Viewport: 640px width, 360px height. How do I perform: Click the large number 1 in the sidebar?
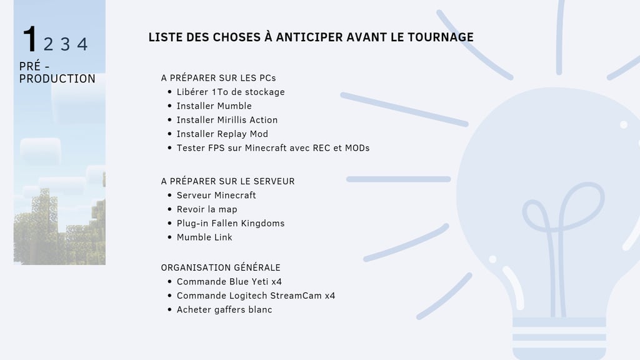pyautogui.click(x=29, y=39)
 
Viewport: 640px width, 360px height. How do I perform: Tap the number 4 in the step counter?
pyautogui.click(x=82, y=44)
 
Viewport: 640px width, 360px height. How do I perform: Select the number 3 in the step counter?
pyautogui.click(x=66, y=44)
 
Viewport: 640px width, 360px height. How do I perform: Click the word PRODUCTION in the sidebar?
pyautogui.click(x=57, y=79)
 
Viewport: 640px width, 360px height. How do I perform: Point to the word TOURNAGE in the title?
pyautogui.click(x=441, y=37)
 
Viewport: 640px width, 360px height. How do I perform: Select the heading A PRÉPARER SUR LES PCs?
pyautogui.click(x=218, y=78)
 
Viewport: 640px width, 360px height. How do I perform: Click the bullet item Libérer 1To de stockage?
pyautogui.click(x=230, y=92)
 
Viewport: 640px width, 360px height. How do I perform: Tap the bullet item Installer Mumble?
pyautogui.click(x=214, y=106)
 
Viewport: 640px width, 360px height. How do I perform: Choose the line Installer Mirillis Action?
pyautogui.click(x=227, y=120)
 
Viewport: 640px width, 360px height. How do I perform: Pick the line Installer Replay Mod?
pyautogui.click(x=222, y=134)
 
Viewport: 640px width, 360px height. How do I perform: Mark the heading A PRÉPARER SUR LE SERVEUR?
pyautogui.click(x=227, y=181)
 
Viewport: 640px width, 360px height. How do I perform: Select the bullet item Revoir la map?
pyautogui.click(x=207, y=209)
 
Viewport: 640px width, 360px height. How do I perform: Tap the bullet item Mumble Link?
pyautogui.click(x=204, y=237)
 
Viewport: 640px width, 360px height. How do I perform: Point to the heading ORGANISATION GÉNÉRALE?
pyautogui.click(x=221, y=267)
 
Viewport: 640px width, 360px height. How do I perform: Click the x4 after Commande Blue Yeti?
pyautogui.click(x=277, y=282)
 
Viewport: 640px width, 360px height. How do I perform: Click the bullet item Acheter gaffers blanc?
pyautogui.click(x=224, y=309)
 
